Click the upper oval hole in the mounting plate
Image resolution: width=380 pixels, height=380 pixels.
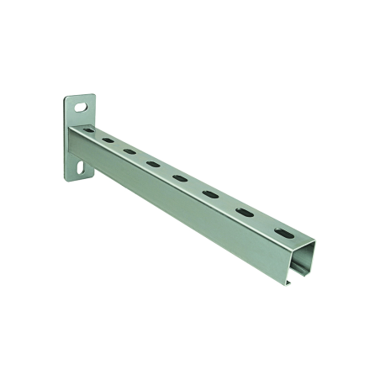tap(80, 108)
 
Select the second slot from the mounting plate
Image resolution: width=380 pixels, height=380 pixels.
tap(108, 140)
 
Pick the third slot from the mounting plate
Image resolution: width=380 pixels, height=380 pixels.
tap(129, 151)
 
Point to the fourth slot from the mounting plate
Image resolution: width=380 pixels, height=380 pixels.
tap(153, 162)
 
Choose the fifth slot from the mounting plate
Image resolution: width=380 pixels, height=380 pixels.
tap(180, 177)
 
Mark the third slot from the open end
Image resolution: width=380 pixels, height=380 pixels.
tap(210, 193)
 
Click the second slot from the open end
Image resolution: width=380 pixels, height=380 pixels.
tap(245, 211)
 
